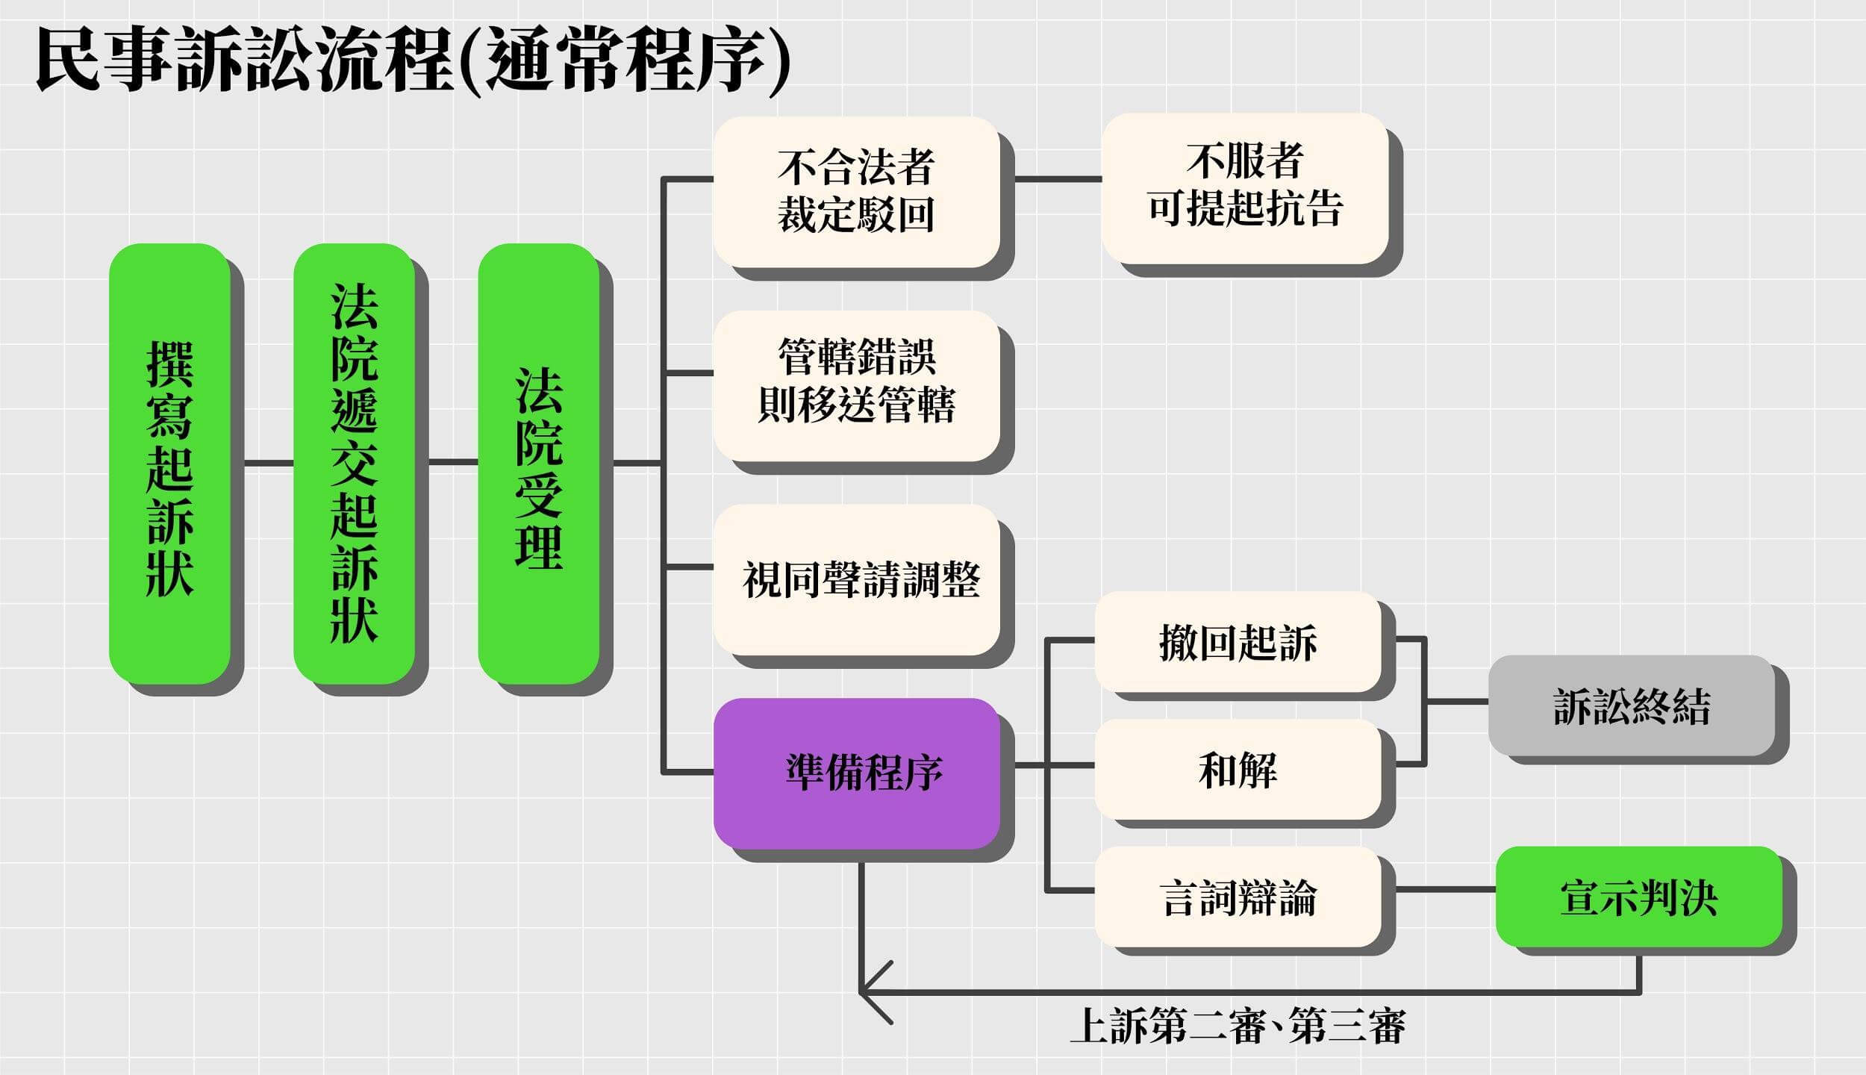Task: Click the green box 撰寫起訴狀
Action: tap(169, 463)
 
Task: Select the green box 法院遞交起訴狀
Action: tap(354, 463)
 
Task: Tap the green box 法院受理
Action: tap(538, 463)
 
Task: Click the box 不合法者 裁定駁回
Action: tap(856, 192)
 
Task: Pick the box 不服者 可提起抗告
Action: tap(1245, 188)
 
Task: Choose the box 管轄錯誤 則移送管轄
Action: tap(856, 386)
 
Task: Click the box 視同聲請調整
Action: tap(856, 580)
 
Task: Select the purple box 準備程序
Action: tap(856, 773)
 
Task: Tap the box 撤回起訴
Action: tap(1238, 642)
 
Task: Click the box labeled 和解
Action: tap(1238, 770)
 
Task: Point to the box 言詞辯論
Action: tap(1238, 897)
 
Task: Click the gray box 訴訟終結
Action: tap(1632, 705)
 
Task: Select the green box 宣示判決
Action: tap(1638, 897)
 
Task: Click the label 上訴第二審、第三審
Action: tap(1238, 1026)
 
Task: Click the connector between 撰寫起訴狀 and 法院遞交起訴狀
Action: tap(269, 463)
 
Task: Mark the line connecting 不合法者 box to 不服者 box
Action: tap(1058, 179)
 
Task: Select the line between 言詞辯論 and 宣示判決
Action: tap(1445, 890)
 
